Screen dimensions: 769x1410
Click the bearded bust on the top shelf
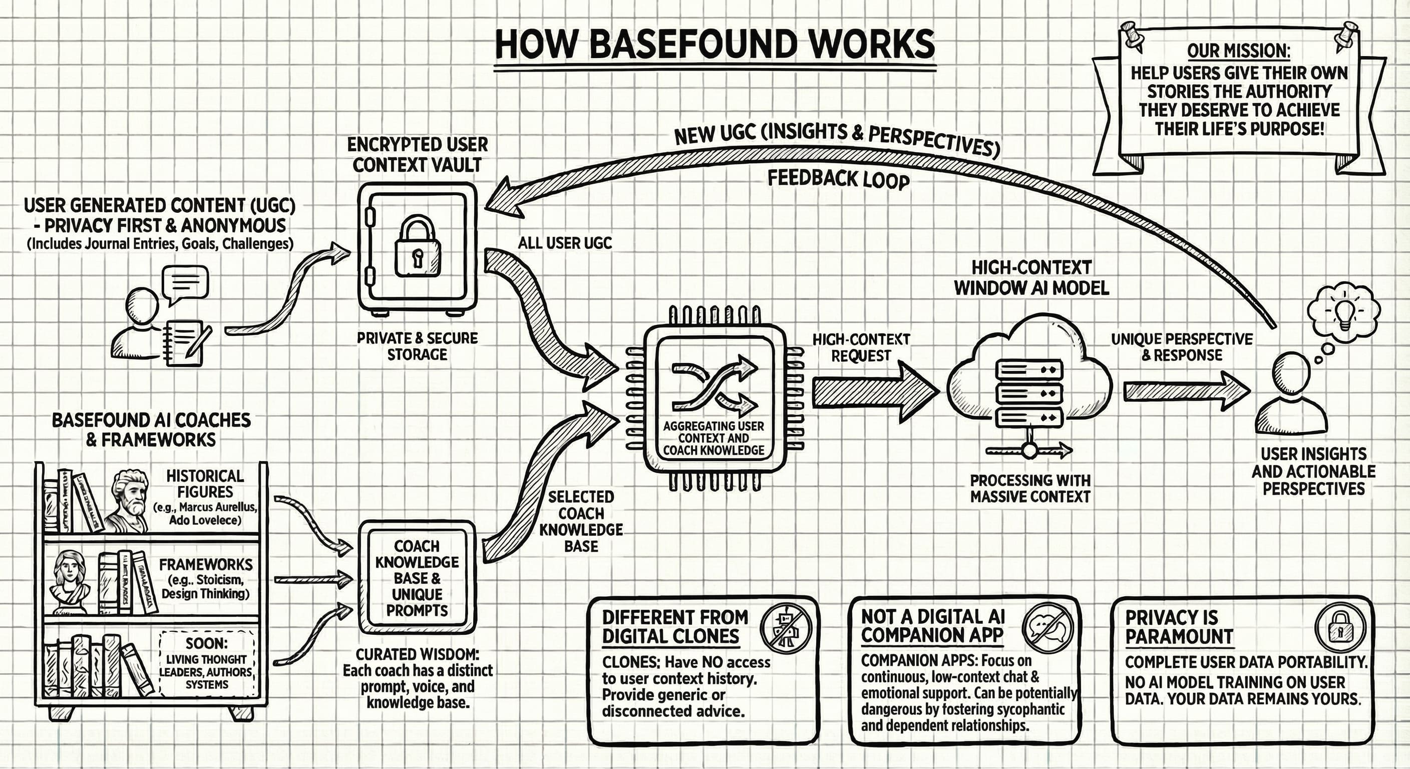click(129, 500)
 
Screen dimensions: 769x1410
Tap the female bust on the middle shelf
click(70, 581)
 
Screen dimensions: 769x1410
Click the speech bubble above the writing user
click(186, 283)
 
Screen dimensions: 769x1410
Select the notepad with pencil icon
click(186, 342)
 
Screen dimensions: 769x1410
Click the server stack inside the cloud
click(1029, 393)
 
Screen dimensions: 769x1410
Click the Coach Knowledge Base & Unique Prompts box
click(417, 578)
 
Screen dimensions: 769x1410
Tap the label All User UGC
click(564, 243)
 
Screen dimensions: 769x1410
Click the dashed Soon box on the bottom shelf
click(206, 663)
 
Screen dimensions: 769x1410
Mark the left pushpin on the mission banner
click(1132, 35)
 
